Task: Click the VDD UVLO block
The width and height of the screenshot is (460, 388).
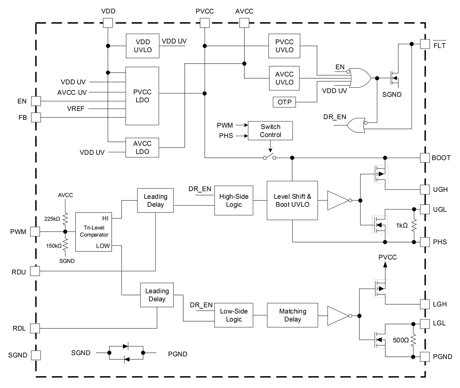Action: tap(143, 46)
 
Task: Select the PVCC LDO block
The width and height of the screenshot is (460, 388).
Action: tap(142, 96)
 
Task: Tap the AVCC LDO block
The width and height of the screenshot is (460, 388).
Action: tap(142, 147)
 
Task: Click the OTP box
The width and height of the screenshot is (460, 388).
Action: tap(284, 102)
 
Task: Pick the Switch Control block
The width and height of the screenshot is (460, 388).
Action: tap(271, 131)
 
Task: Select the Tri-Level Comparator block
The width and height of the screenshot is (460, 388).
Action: tap(93, 232)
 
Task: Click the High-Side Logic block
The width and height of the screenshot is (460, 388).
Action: tap(234, 200)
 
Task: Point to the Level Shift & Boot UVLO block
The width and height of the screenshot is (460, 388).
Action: tap(292, 200)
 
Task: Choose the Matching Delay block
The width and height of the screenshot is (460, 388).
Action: tap(292, 315)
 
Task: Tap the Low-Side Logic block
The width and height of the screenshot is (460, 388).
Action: tap(234, 315)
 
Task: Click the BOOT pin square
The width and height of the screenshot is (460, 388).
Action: tap(425, 158)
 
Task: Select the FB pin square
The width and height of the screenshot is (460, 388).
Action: tap(36, 117)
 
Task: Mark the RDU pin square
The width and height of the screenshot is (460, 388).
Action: tap(35, 271)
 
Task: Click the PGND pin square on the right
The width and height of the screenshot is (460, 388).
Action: tap(425, 356)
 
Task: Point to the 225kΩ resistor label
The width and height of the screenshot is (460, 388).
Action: tap(52, 218)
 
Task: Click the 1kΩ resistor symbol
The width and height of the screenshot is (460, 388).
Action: tap(414, 225)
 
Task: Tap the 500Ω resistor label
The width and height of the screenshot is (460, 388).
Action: tap(401, 340)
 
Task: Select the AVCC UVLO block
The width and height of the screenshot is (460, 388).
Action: tap(284, 78)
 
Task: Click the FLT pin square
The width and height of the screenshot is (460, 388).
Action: tap(425, 44)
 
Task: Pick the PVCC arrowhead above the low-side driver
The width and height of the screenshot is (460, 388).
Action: tap(385, 264)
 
